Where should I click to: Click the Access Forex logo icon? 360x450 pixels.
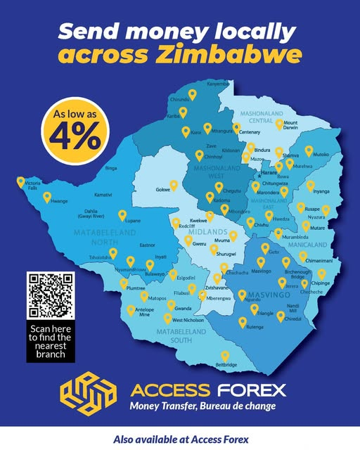coord(86,396)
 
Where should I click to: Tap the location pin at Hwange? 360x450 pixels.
coord(47,197)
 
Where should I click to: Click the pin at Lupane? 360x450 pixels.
coord(122,214)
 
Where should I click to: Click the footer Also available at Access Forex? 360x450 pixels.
coord(181,438)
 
